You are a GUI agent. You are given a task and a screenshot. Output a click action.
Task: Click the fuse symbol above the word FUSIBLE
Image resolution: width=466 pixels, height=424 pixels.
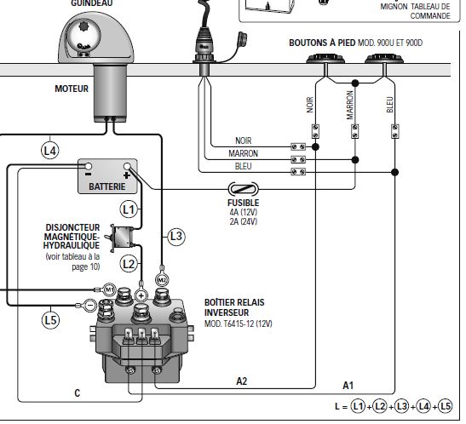pyautogui.click(x=243, y=189)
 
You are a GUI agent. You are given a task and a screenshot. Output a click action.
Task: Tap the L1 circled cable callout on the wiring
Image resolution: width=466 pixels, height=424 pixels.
pyautogui.click(x=129, y=209)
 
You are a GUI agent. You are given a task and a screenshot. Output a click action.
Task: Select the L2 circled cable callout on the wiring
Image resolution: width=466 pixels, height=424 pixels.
pyautogui.click(x=129, y=264)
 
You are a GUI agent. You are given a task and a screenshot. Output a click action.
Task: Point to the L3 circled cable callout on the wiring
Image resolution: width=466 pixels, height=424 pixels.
pyautogui.click(x=176, y=237)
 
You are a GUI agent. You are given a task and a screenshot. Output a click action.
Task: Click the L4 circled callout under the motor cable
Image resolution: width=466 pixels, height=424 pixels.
pyautogui.click(x=49, y=151)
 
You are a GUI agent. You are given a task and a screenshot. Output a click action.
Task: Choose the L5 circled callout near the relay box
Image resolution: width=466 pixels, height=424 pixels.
pyautogui.click(x=50, y=320)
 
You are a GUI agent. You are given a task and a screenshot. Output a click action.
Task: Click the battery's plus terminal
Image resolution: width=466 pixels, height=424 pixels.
pyautogui.click(x=127, y=166)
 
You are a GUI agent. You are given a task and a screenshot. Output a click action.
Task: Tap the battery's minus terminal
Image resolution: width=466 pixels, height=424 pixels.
pyautogui.click(x=89, y=166)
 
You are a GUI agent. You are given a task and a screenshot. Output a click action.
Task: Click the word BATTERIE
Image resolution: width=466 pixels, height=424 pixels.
pyautogui.click(x=107, y=186)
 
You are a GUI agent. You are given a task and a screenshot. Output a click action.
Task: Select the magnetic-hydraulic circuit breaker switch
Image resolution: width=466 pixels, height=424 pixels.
pyautogui.click(x=121, y=238)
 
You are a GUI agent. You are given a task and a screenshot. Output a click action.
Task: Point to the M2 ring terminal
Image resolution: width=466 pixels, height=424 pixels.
pyautogui.click(x=162, y=280)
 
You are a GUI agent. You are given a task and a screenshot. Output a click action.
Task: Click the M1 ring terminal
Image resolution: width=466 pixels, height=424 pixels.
pyautogui.click(x=109, y=289)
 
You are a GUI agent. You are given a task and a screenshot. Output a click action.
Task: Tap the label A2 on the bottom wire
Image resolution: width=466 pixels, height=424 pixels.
pyautogui.click(x=242, y=381)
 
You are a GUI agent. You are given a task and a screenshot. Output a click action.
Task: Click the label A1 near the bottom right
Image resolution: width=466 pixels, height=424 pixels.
pyautogui.click(x=348, y=386)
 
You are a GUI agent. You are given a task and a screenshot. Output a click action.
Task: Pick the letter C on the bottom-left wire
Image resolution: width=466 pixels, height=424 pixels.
pyautogui.click(x=78, y=393)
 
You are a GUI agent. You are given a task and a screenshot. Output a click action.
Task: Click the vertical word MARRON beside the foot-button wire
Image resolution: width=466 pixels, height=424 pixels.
pyautogui.click(x=350, y=105)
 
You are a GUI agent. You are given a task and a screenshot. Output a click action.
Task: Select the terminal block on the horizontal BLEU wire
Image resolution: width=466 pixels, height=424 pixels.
pyautogui.click(x=298, y=172)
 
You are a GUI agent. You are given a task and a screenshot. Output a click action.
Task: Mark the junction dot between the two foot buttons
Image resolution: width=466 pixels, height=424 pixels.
pyautogui.click(x=355, y=83)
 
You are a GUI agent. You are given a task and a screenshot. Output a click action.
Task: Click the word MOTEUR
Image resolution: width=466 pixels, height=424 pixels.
pyautogui.click(x=72, y=89)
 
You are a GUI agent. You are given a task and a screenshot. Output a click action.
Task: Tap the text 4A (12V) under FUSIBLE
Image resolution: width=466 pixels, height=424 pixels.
pyautogui.click(x=244, y=212)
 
